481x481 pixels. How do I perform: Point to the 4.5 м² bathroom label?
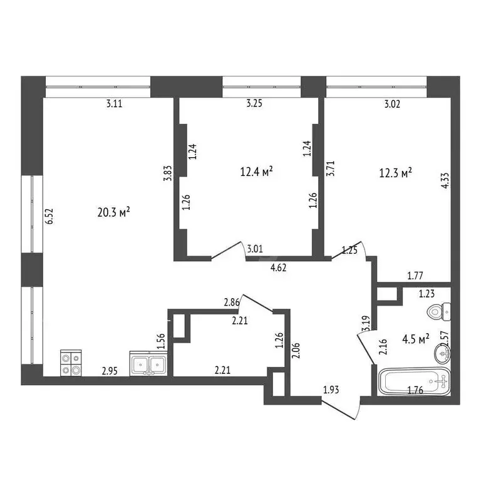click(x=415, y=339)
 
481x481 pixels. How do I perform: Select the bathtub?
click(x=415, y=381)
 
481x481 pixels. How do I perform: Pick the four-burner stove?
click(x=70, y=363)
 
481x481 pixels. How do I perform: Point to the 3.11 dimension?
click(x=114, y=105)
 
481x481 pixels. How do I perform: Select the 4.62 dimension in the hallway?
click(x=279, y=267)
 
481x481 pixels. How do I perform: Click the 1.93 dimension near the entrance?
click(x=331, y=391)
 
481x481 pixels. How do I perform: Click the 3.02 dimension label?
click(x=391, y=105)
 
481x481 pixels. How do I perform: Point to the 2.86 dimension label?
click(x=232, y=303)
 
